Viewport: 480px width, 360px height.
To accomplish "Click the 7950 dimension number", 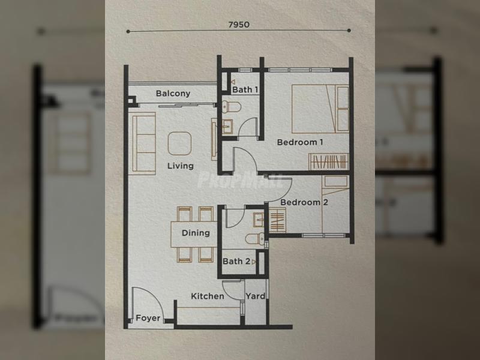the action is pyautogui.click(x=239, y=25).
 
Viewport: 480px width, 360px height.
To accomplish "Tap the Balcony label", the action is pyautogui.click(x=173, y=94).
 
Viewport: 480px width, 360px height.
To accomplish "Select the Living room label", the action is pyautogui.click(x=181, y=166).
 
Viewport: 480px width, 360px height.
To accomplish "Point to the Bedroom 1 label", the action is pyautogui.click(x=299, y=142).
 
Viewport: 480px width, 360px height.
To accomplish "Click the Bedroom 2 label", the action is pyautogui.click(x=304, y=202).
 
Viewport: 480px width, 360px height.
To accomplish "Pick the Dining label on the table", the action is pyautogui.click(x=196, y=233).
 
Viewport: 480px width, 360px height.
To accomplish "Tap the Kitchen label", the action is pyautogui.click(x=207, y=296).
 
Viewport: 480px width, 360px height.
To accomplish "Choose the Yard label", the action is pyautogui.click(x=256, y=296).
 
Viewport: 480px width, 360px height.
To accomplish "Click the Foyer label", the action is pyautogui.click(x=148, y=318).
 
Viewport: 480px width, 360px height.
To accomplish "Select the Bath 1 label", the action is pyautogui.click(x=245, y=89).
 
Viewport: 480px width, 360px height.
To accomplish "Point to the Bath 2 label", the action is pyautogui.click(x=236, y=262).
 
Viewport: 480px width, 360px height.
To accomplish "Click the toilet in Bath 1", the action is pyautogui.click(x=232, y=107).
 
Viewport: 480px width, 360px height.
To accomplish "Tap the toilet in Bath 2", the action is pyautogui.click(x=254, y=238).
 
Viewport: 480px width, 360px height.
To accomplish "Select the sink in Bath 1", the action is pyautogui.click(x=227, y=127).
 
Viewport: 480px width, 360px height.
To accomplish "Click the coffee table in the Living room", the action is pyautogui.click(x=179, y=143).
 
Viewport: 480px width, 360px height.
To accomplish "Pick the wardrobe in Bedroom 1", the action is pyautogui.click(x=328, y=161).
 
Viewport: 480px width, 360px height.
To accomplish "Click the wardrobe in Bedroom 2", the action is pyautogui.click(x=277, y=220).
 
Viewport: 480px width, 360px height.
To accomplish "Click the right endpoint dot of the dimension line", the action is pyautogui.click(x=349, y=31).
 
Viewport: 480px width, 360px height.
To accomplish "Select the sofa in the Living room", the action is pyautogui.click(x=142, y=143).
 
